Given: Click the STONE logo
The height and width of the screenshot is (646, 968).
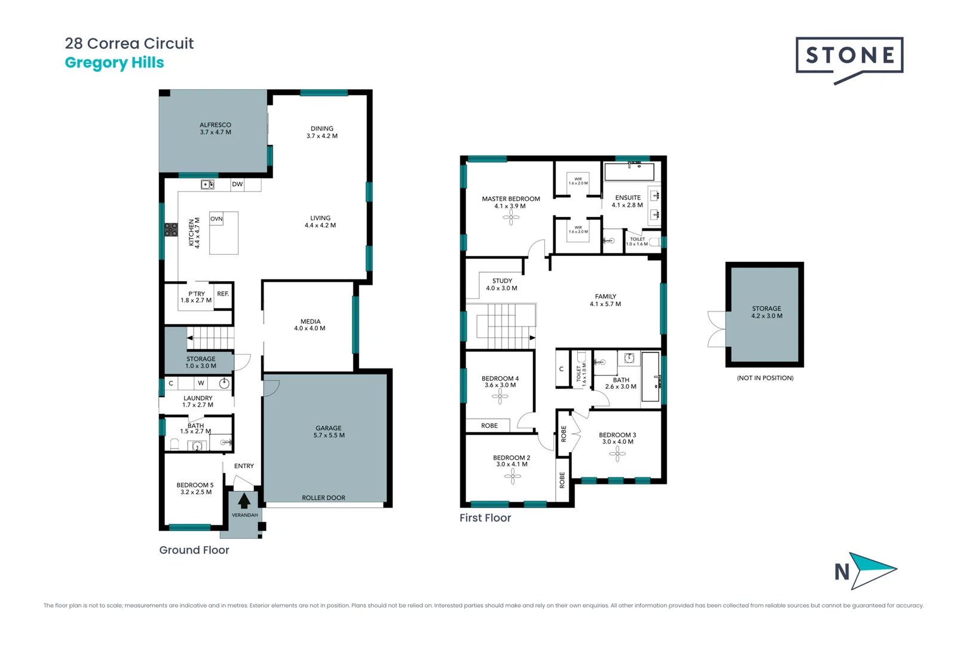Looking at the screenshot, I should click(x=849, y=56).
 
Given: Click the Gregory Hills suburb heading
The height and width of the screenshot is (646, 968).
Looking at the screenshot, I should click(x=114, y=63).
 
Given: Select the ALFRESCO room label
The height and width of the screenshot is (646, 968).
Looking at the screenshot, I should click(x=215, y=129).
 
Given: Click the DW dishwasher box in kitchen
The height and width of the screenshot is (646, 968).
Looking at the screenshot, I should click(x=237, y=184).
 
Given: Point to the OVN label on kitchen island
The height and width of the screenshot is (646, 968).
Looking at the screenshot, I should click(x=216, y=219).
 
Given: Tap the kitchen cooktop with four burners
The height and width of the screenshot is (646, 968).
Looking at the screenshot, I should click(x=171, y=230).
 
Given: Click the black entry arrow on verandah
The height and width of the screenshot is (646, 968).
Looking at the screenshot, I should click(x=244, y=501).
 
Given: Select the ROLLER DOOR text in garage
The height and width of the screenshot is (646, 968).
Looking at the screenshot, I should click(x=323, y=498).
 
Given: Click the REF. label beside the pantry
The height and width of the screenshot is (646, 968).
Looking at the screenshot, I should click(x=223, y=294).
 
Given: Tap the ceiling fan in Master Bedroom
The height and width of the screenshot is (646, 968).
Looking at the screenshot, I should click(x=511, y=217).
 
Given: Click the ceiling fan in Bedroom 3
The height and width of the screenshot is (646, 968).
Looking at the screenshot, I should click(x=617, y=454).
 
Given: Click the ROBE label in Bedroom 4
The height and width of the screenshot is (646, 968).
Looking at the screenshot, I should click(x=489, y=426).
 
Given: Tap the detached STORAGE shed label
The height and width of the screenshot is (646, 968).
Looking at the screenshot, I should click(x=767, y=312).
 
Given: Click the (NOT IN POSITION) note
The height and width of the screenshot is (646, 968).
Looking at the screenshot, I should click(x=765, y=378).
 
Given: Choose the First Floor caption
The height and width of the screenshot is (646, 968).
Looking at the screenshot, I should click(x=485, y=518).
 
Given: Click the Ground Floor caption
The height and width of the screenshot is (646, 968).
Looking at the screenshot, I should click(x=194, y=550).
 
